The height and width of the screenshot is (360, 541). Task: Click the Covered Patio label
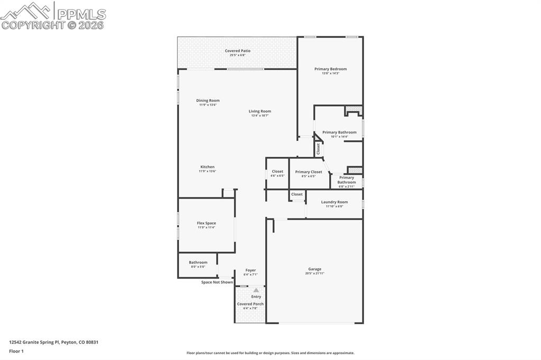pos(238,51)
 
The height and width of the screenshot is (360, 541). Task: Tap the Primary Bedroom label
pos(330,69)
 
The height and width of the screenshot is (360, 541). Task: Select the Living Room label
pos(260,111)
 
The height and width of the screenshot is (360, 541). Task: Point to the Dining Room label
pos(208,100)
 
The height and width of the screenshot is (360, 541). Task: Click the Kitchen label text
pos(207,167)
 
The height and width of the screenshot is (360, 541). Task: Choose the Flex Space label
pos(206,223)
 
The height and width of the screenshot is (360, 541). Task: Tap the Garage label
pos(314,269)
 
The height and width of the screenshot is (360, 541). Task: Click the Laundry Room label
pos(334,202)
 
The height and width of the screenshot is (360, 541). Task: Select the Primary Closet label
pos(309,172)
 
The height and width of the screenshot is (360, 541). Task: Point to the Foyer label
pos(250,270)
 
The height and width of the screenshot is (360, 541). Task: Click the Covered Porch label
pos(250,304)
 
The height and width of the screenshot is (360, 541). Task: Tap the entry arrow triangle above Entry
pos(256,290)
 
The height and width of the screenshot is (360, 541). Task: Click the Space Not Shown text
pos(217,282)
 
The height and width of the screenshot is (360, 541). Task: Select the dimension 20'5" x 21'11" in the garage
pos(314,273)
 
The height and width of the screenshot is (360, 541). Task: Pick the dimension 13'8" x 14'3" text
pos(330,73)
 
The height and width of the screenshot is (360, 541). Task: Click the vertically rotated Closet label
pos(319,149)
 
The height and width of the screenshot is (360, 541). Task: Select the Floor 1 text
pos(16,350)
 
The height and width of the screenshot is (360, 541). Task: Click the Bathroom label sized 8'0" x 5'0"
pos(198,262)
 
